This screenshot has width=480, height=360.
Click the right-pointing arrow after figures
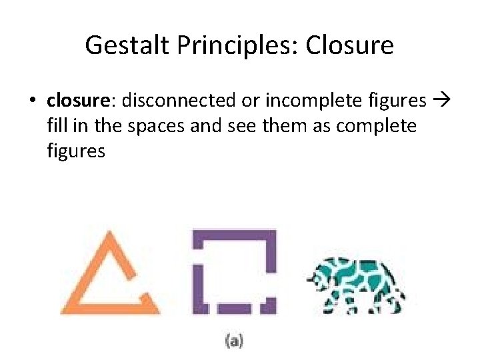coord(441,101)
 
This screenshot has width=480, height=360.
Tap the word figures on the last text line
coord(76,151)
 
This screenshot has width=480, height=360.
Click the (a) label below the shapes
coord(234,341)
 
